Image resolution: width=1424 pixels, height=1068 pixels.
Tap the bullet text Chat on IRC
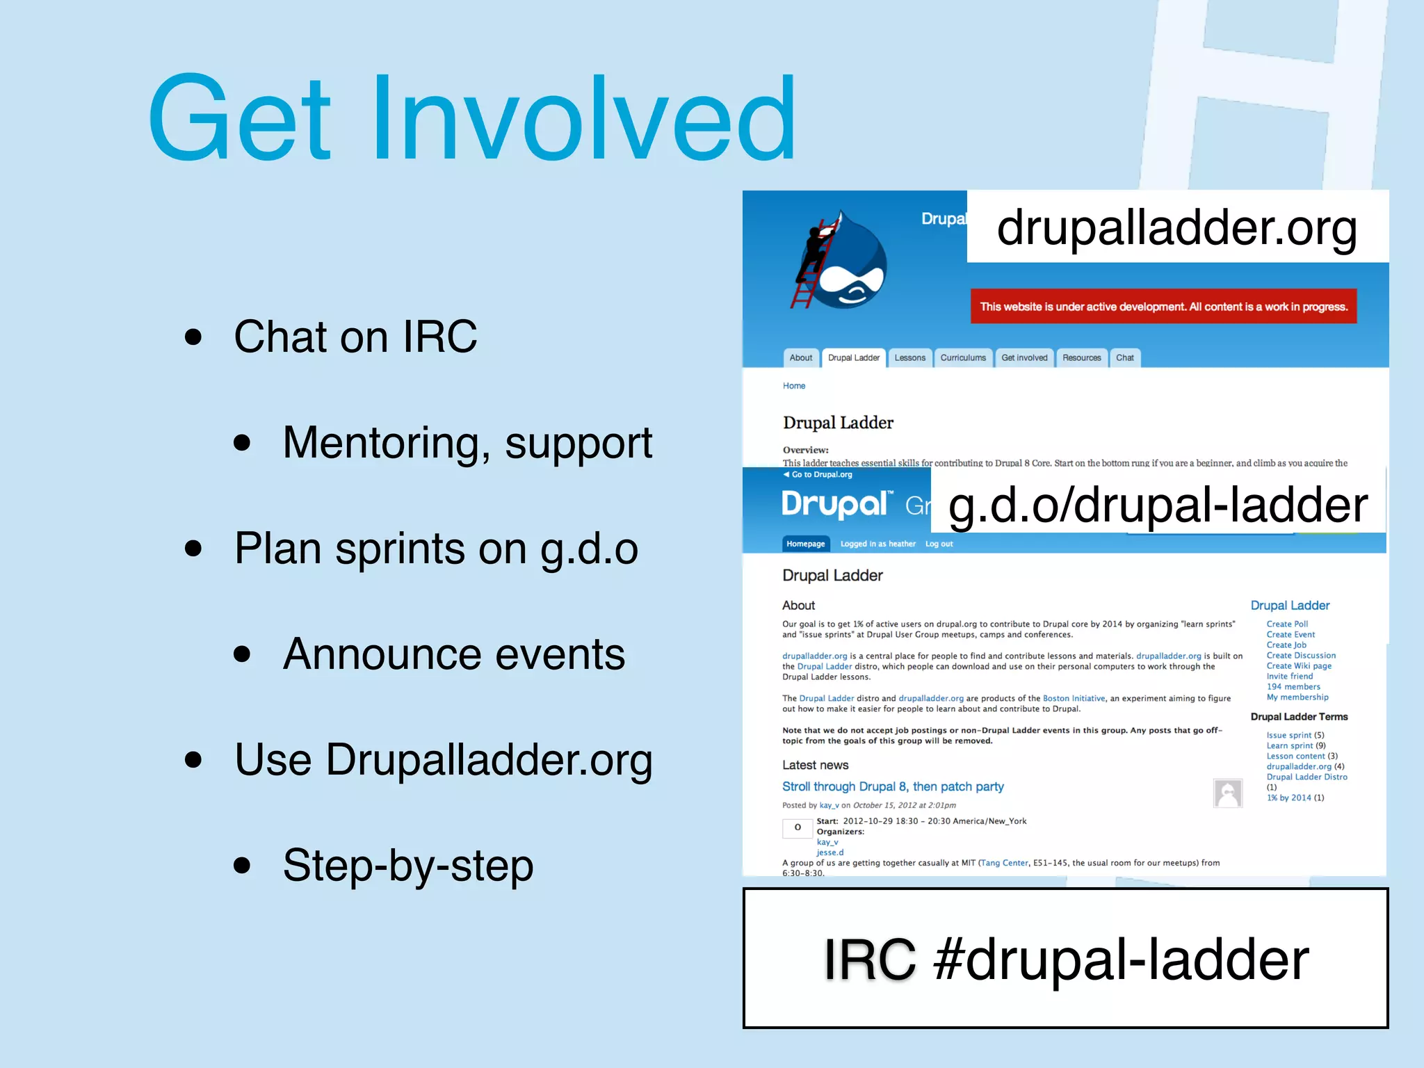[355, 337]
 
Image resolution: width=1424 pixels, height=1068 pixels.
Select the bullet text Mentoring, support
[467, 443]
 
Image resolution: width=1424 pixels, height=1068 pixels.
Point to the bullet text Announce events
[453, 654]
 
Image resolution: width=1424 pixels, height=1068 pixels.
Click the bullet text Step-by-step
[408, 866]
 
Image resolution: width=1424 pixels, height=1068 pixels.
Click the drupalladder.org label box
[1177, 227]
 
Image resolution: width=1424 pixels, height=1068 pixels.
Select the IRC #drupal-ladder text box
[1065, 958]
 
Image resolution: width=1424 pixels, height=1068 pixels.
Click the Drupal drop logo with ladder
[842, 263]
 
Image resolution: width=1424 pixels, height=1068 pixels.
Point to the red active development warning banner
[1163, 307]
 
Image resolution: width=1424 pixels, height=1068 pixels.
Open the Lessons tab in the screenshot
[909, 358]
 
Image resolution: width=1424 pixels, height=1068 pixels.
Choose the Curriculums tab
[963, 358]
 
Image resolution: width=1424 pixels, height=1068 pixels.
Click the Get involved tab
[1024, 358]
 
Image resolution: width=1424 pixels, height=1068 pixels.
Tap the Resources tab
[1081, 358]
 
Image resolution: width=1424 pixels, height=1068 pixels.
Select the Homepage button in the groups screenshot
[805, 544]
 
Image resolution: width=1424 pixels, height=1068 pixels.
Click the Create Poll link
[1287, 624]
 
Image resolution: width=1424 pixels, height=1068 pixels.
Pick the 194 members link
[1293, 686]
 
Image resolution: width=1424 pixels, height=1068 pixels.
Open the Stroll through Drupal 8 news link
[893, 786]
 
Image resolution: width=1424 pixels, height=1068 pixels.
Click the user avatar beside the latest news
[1227, 793]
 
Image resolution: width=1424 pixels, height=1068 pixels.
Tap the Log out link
[939, 544]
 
